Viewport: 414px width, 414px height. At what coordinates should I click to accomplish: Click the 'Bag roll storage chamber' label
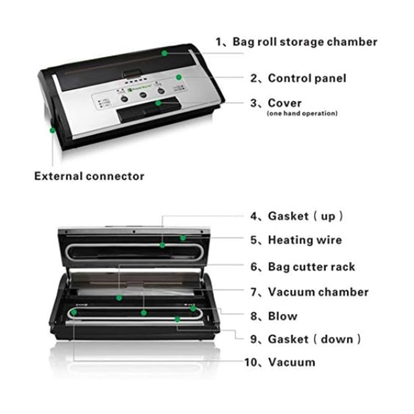tap(296, 42)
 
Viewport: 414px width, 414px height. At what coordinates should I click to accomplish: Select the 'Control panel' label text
tap(298, 78)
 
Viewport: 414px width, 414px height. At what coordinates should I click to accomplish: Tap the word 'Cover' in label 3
tap(284, 103)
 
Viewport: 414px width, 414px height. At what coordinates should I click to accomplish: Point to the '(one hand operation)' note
tap(302, 114)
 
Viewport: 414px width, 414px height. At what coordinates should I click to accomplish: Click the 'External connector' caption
tap(89, 176)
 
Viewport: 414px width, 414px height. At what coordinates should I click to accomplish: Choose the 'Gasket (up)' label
tap(296, 216)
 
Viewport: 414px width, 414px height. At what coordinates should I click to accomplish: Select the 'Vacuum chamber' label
tap(309, 292)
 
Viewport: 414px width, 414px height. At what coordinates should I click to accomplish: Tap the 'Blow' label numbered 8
tap(282, 316)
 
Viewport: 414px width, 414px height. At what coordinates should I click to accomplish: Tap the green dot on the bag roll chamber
tap(165, 53)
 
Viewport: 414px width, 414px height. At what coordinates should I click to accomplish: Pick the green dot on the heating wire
tap(183, 238)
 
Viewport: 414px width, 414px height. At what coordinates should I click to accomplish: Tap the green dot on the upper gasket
tap(163, 244)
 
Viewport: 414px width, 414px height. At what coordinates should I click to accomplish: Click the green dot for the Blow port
tap(193, 308)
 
